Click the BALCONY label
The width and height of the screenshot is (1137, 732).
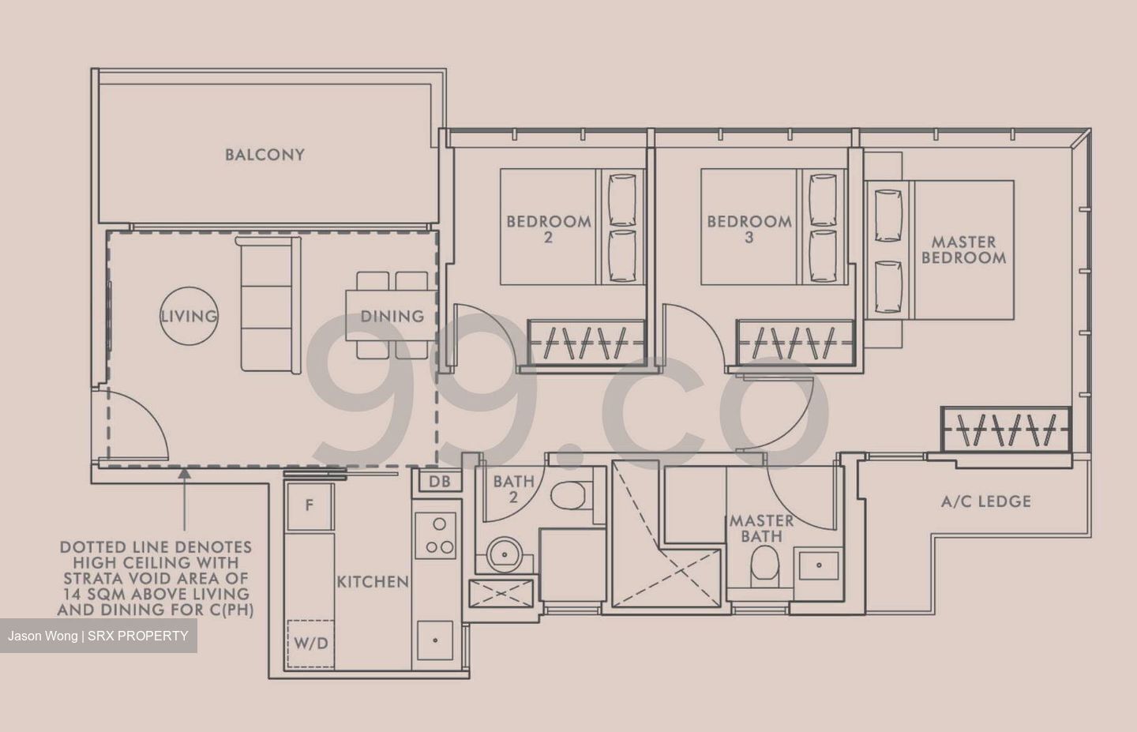coord(265,155)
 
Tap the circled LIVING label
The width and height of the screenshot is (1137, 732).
coord(189,316)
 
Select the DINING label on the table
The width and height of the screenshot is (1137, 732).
coord(392,316)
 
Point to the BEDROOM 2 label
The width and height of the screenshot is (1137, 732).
coord(549,228)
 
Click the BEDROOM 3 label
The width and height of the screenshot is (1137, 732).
coord(749,228)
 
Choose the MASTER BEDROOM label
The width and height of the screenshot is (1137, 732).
coord(963,250)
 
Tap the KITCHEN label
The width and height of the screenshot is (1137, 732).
coord(373,582)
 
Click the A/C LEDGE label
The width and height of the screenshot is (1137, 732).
coord(986,501)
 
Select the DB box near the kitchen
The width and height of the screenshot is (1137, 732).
coord(440,481)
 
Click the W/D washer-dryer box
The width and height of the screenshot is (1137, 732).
coord(311,644)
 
